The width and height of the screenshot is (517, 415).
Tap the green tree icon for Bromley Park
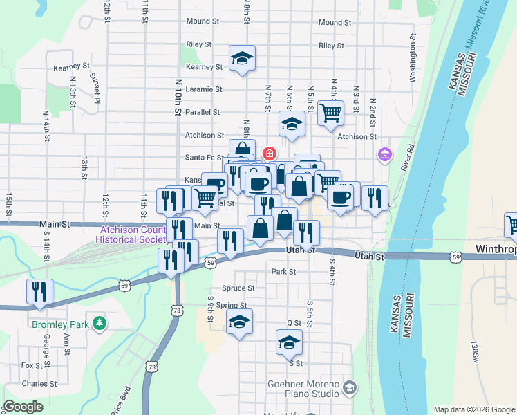100,323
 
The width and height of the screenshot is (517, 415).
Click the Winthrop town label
496,249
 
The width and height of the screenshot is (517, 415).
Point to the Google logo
23,407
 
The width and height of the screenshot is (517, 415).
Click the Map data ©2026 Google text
473,409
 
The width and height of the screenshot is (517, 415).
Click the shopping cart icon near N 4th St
331,112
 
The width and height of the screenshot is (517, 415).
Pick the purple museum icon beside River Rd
384,154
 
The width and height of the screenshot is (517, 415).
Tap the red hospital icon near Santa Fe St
270,153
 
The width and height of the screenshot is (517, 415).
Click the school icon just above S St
290,342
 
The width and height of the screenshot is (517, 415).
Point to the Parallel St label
203,111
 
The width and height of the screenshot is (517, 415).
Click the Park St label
283,272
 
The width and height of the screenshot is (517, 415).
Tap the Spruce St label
238,288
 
